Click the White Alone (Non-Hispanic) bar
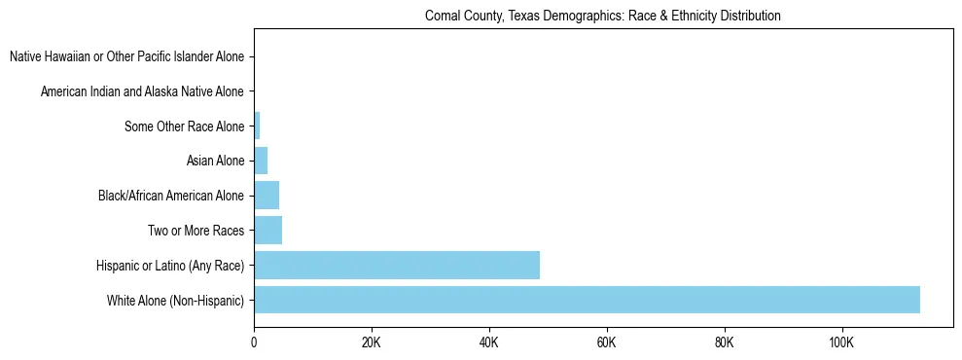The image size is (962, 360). pyautogui.click(x=587, y=300)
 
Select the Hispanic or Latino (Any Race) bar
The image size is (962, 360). pyautogui.click(x=397, y=265)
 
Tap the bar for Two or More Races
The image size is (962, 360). pyautogui.click(x=267, y=231)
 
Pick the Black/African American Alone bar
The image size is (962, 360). pyautogui.click(x=267, y=196)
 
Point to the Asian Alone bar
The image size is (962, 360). pyautogui.click(x=261, y=161)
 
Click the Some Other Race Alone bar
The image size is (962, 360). pyautogui.click(x=257, y=126)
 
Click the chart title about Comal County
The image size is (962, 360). pyautogui.click(x=603, y=17)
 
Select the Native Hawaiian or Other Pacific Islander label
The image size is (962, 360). pyautogui.click(x=126, y=56)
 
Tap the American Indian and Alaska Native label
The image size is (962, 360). pyautogui.click(x=142, y=91)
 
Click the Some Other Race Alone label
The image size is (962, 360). pyautogui.click(x=184, y=126)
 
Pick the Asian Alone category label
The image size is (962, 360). pyautogui.click(x=215, y=161)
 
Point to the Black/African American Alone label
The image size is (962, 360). pyautogui.click(x=171, y=196)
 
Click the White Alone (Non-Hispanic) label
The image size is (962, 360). pyautogui.click(x=175, y=301)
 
